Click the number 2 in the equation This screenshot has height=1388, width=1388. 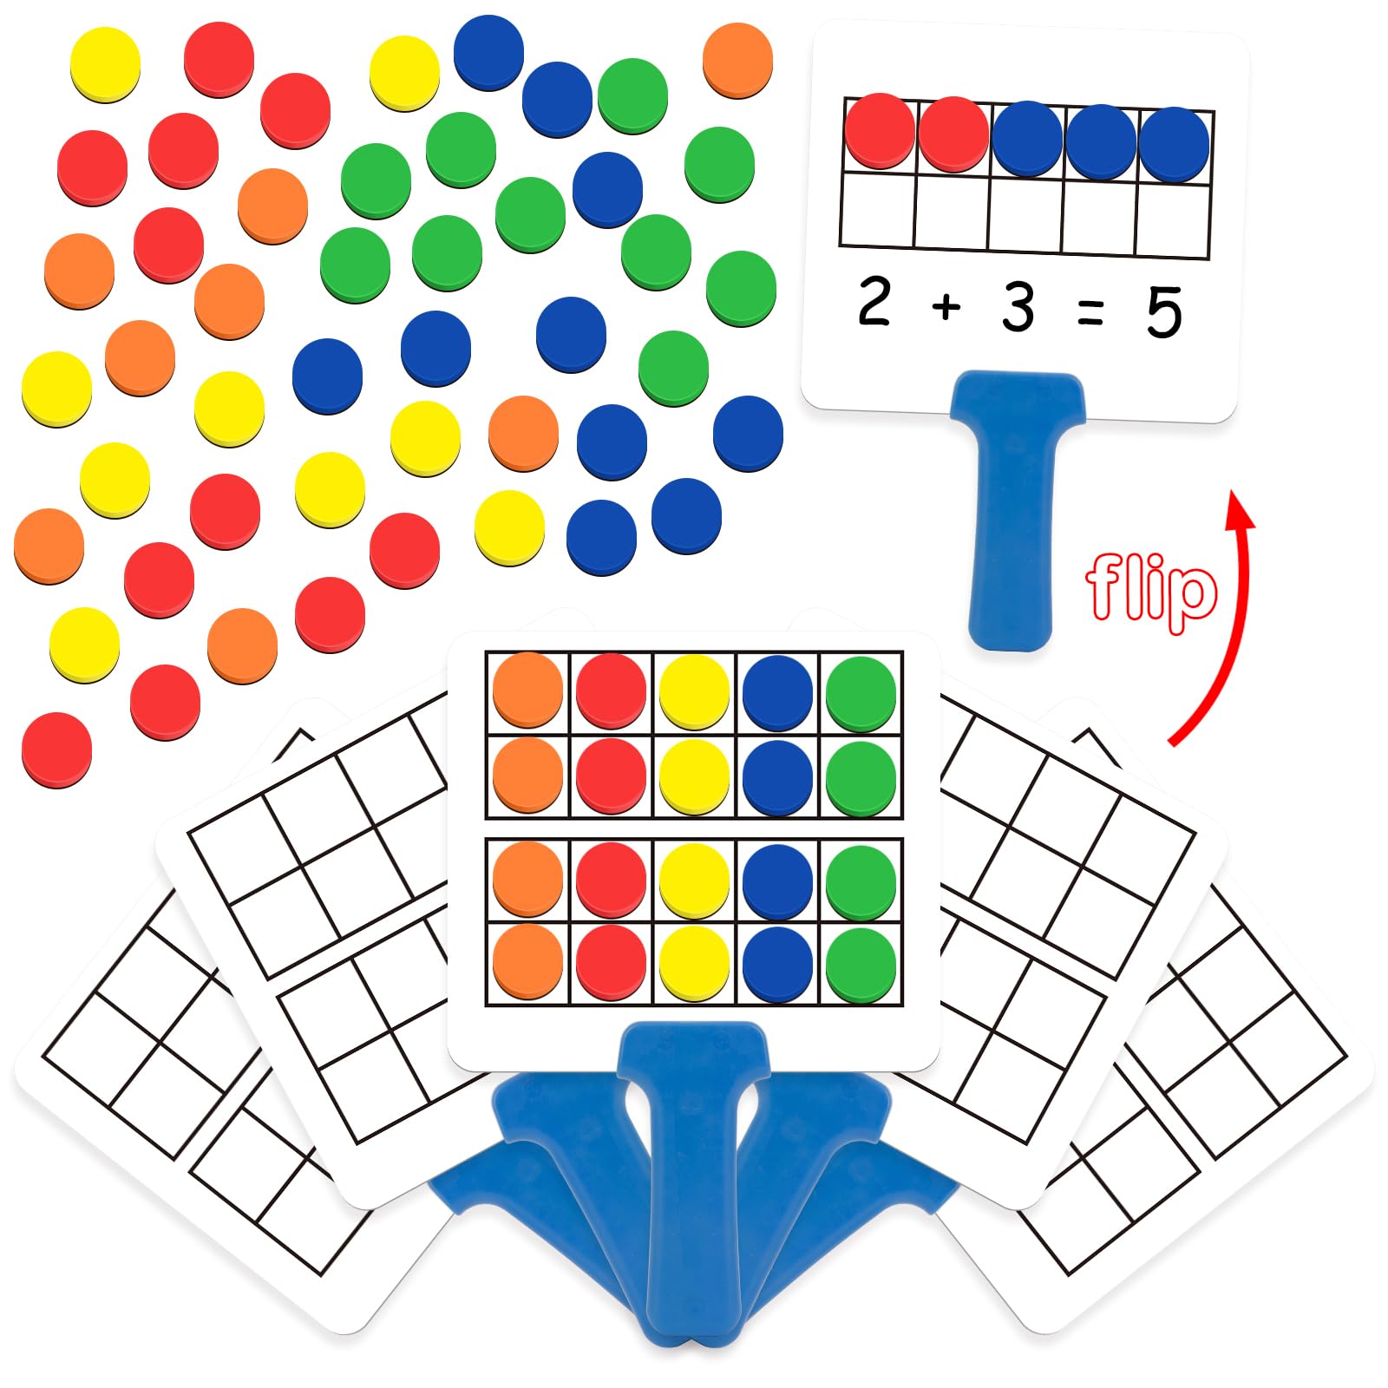(x=874, y=302)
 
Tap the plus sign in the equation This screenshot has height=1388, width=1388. (x=946, y=306)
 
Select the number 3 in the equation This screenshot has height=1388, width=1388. (x=1018, y=307)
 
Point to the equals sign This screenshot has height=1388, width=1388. (x=1090, y=311)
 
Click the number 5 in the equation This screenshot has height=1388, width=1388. (x=1163, y=312)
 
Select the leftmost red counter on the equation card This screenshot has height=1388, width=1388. (x=880, y=131)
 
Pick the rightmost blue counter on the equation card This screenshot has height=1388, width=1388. (x=1174, y=144)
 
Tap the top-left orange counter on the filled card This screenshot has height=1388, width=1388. (x=527, y=691)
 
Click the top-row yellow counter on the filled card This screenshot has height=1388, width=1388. (x=694, y=692)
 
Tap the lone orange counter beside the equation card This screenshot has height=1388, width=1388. (x=737, y=60)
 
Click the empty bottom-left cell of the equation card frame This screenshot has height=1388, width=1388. (x=877, y=209)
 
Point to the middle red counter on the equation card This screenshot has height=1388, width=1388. (x=953, y=134)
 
